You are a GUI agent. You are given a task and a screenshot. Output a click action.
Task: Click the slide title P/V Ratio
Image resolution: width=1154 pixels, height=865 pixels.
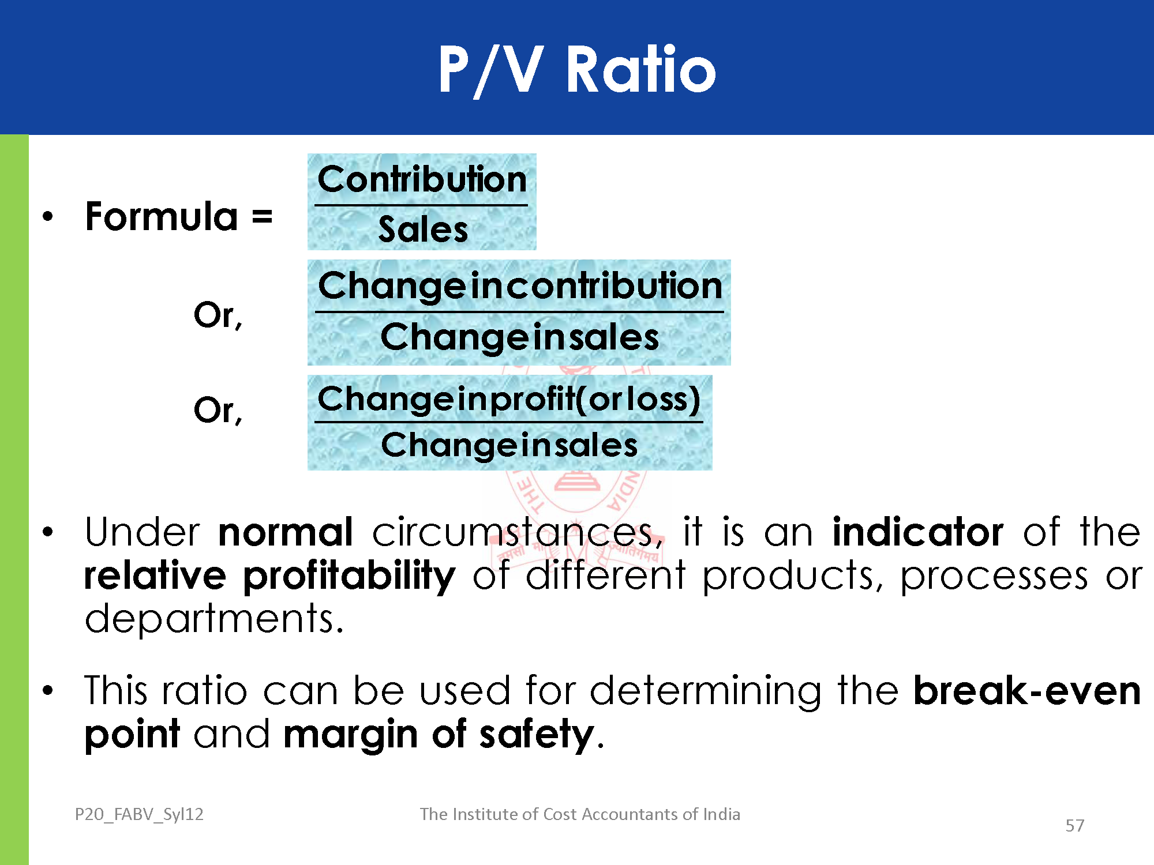click(577, 69)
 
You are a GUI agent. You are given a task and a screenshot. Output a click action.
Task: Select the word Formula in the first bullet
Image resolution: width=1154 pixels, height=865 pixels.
click(162, 217)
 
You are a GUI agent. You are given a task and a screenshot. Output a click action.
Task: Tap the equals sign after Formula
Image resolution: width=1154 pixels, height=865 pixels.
click(262, 218)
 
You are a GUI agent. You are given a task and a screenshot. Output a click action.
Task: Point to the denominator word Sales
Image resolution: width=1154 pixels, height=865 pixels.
click(423, 230)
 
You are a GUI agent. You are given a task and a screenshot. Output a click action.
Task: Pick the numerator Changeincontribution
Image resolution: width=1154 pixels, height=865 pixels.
click(520, 286)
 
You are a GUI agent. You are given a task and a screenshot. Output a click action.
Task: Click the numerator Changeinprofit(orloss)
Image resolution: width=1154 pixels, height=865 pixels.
click(509, 399)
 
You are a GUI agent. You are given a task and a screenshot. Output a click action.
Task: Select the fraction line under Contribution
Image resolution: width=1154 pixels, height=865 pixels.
click(421, 205)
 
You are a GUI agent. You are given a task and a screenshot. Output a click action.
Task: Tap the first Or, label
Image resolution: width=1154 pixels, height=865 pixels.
click(218, 315)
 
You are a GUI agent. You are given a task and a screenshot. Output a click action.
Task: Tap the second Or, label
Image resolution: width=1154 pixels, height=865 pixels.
click(218, 411)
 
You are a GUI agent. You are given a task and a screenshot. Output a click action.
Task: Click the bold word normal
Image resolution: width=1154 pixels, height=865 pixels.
click(286, 532)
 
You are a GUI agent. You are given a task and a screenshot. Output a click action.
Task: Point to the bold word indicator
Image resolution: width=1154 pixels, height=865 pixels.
click(918, 531)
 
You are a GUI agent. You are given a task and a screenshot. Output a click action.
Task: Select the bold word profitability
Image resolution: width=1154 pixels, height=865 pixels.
click(350, 577)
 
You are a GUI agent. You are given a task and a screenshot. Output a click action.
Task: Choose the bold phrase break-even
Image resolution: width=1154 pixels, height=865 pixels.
click(1027, 690)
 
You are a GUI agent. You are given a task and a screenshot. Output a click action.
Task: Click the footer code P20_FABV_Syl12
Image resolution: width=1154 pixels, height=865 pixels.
click(139, 814)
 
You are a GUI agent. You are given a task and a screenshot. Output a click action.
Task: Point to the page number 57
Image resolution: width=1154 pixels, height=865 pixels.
click(1074, 826)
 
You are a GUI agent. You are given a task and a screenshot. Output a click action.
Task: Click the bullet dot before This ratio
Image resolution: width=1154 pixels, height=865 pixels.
click(48, 690)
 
